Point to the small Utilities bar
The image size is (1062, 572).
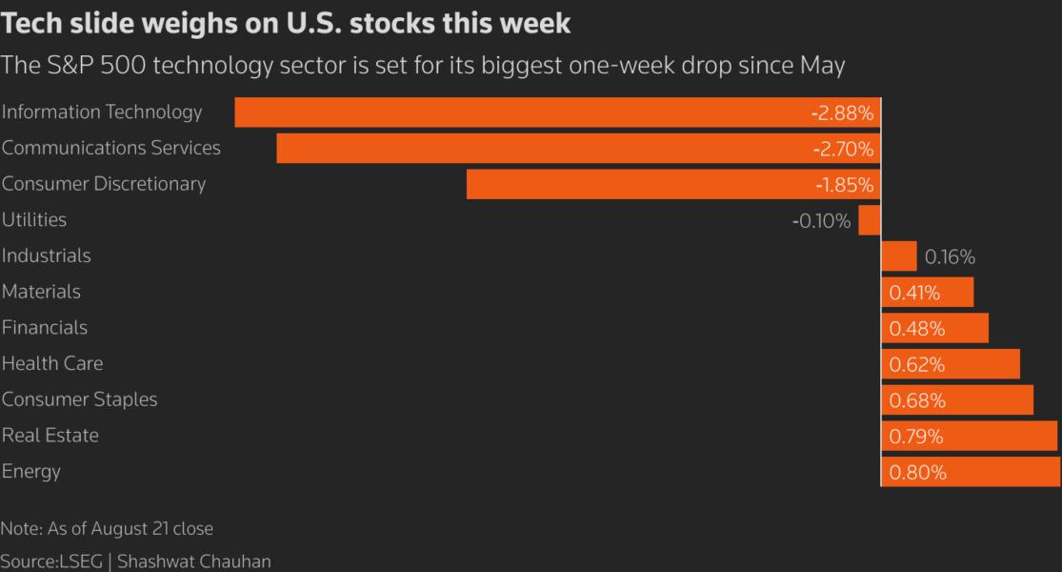(x=870, y=220)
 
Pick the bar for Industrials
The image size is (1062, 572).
(x=899, y=256)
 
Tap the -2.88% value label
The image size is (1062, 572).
(x=842, y=113)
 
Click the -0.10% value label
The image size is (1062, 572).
(x=821, y=221)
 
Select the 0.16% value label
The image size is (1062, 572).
(x=950, y=257)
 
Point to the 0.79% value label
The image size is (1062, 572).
(x=916, y=437)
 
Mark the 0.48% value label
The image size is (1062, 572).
(x=916, y=329)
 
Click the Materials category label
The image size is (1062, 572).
(x=41, y=292)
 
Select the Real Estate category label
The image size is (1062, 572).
(x=50, y=436)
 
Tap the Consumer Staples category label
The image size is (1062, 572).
(x=79, y=399)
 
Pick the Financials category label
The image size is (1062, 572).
(x=45, y=328)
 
